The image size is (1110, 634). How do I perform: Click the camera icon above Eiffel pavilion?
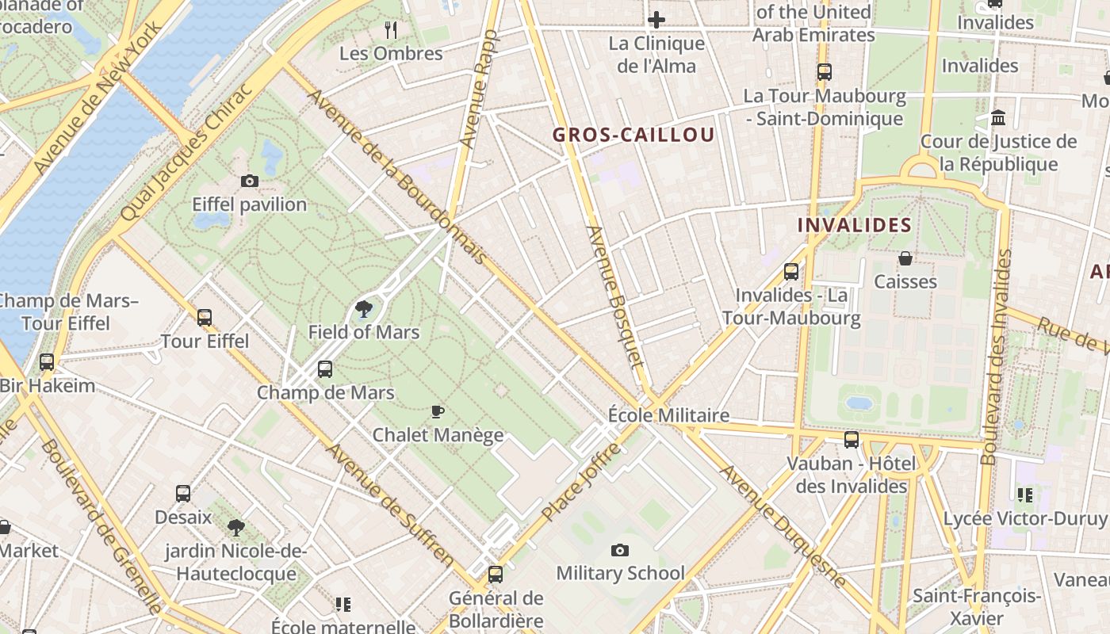click(x=250, y=181)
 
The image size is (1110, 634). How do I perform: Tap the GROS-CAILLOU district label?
click(x=633, y=135)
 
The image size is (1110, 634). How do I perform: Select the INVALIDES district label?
click(x=854, y=225)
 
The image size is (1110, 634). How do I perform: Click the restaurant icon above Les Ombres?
click(x=390, y=30)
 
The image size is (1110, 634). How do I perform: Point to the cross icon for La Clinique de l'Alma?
click(x=656, y=20)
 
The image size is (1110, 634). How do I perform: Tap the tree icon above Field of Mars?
click(x=364, y=309)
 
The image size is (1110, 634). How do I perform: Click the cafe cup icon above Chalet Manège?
click(x=437, y=411)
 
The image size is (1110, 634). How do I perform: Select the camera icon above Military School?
click(x=620, y=550)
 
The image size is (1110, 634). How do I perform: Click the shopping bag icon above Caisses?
click(x=905, y=258)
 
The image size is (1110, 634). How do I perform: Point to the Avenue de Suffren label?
click(x=391, y=505)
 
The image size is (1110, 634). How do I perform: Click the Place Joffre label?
click(x=581, y=483)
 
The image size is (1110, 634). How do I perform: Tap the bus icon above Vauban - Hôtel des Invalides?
click(x=852, y=440)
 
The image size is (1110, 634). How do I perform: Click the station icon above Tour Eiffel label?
click(x=205, y=318)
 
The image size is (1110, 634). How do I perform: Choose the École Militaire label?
click(x=668, y=415)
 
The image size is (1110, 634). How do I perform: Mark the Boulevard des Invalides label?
click(x=996, y=357)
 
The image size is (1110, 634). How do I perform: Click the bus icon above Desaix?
click(x=183, y=494)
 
